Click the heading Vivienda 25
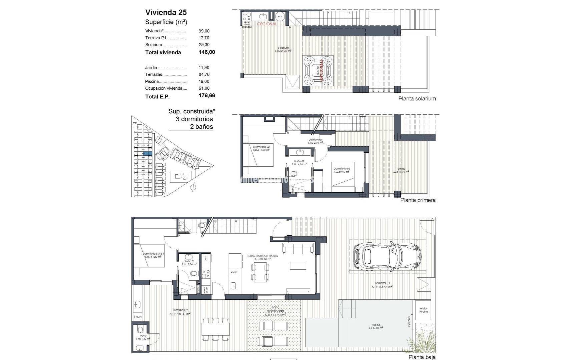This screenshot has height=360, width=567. tap(166, 12)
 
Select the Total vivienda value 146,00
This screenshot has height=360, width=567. tap(207, 52)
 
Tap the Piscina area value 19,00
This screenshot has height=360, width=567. tap(204, 81)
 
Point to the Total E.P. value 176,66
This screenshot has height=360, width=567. tap(207, 96)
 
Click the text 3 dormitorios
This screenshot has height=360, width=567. tap(194, 119)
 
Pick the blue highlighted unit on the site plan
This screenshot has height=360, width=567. tap(147, 154)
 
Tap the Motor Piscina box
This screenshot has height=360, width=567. tap(423, 310)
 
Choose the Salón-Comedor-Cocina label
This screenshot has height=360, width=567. tap(262, 257)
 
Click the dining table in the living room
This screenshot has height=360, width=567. tap(260, 272)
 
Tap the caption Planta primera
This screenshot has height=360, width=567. tap(418, 200)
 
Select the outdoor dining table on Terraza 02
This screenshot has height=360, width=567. tap(215, 328)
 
